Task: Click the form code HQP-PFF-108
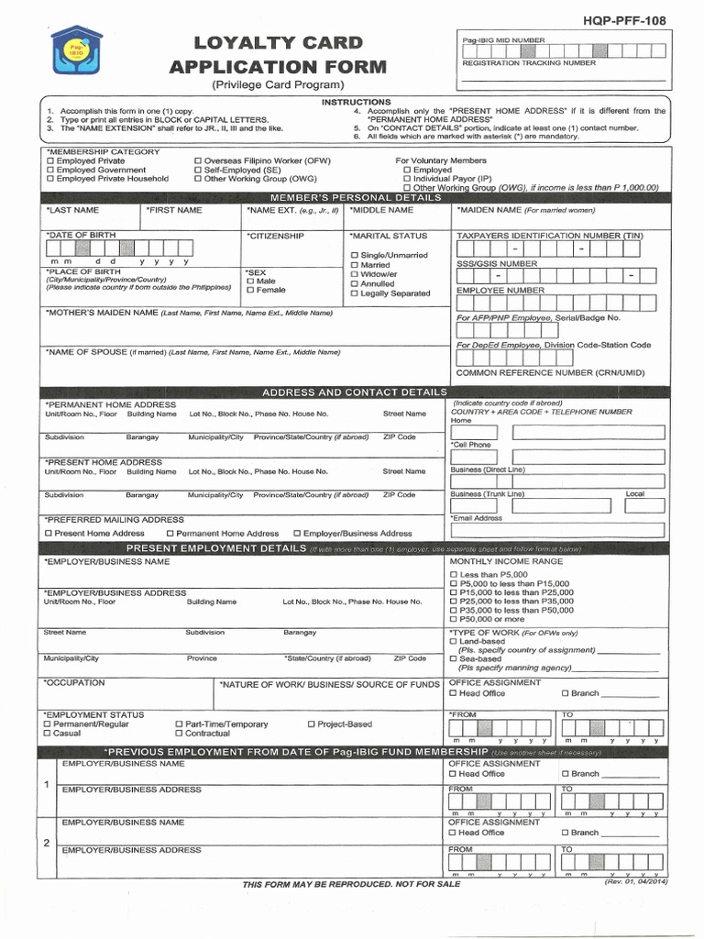pos(631,20)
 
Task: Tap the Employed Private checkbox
pos(49,161)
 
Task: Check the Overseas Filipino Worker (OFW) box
pos(198,161)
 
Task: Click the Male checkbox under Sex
pos(249,282)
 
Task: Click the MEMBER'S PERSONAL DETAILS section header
pos(355,198)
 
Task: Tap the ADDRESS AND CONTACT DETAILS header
pos(355,392)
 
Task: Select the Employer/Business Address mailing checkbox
pos(297,534)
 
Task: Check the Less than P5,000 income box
pos(453,574)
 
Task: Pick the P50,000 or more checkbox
pos(453,620)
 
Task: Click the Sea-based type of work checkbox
pos(453,659)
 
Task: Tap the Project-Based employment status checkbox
pos(310,724)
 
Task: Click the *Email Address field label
pos(477,518)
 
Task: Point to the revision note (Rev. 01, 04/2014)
pos(636,882)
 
